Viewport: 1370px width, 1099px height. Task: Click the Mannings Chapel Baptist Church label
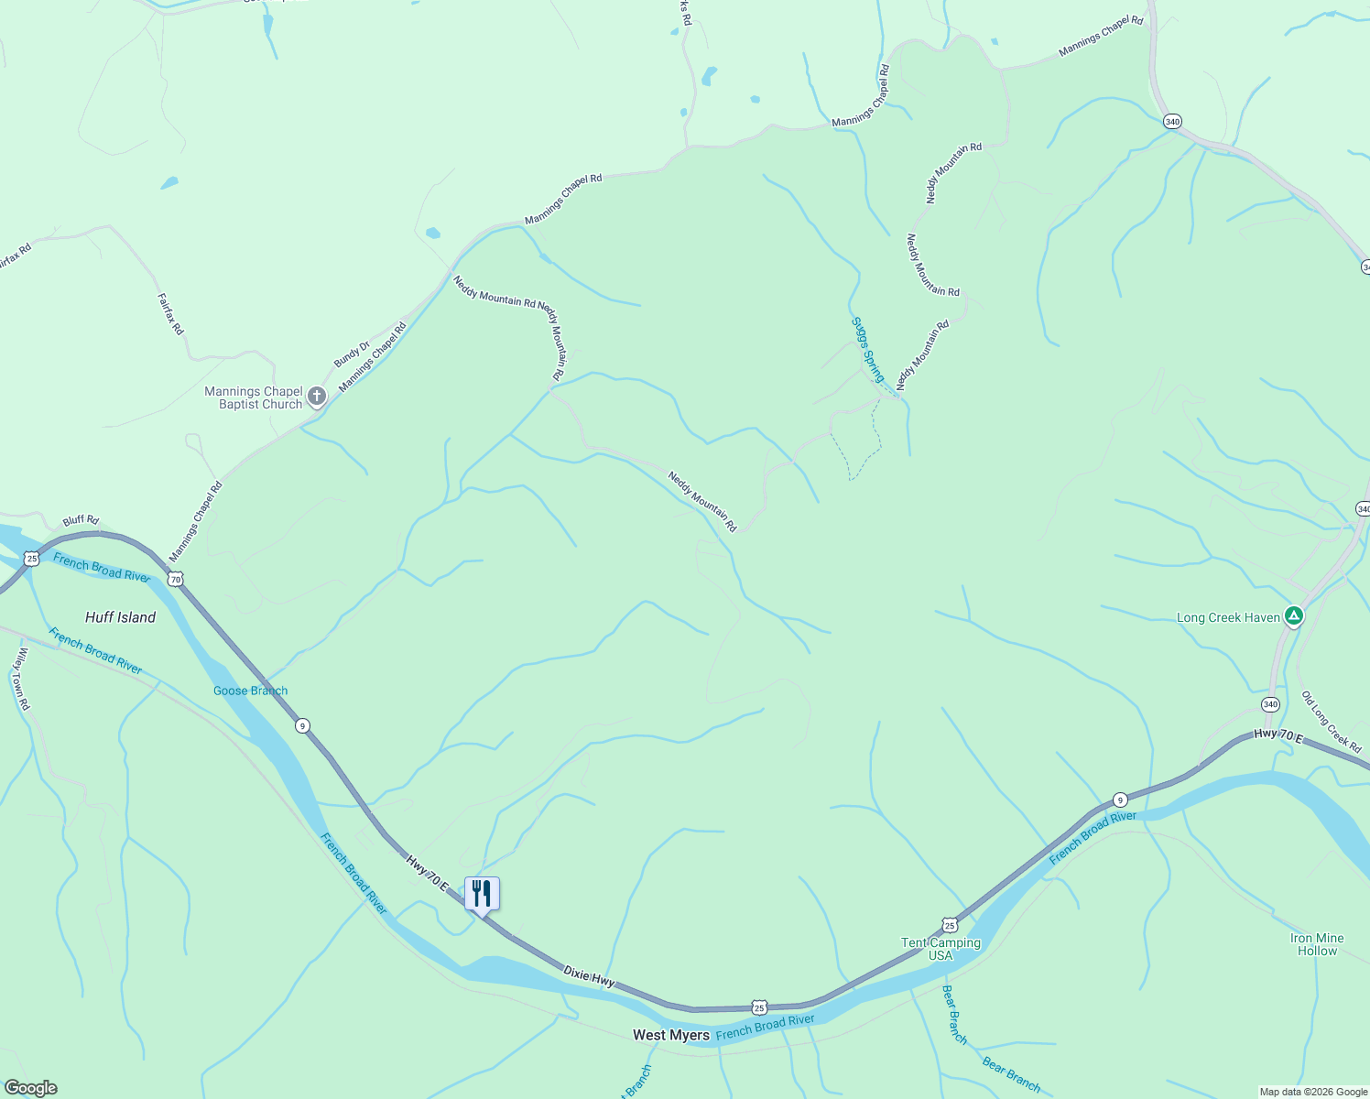[253, 397]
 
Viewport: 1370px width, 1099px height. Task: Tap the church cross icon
[317, 397]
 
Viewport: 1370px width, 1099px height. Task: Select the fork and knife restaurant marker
[482, 894]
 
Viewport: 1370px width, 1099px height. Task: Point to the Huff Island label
[120, 617]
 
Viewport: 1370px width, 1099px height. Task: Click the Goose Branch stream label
[250, 691]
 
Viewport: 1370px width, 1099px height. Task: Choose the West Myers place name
[671, 1035]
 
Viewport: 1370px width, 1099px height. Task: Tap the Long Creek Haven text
[1228, 617]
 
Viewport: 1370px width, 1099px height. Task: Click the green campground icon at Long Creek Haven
[1293, 615]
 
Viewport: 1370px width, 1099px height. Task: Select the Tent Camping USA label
[941, 949]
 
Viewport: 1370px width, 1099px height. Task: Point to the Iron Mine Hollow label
[1317, 944]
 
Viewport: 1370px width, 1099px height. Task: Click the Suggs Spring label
[868, 349]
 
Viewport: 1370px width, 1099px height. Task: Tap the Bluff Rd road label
[81, 521]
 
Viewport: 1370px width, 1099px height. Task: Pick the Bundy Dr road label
[351, 354]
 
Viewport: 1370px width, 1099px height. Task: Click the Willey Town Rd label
[21, 679]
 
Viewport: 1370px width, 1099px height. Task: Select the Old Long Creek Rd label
[1332, 722]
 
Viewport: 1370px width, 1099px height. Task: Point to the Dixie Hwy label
[589, 975]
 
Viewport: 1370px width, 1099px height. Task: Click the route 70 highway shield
[176, 579]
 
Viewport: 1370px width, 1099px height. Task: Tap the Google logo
[31, 1088]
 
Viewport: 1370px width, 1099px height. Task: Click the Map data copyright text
[1313, 1092]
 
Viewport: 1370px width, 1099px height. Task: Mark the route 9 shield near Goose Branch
[302, 725]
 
